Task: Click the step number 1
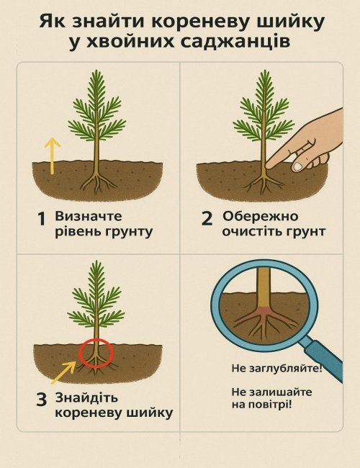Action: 42,219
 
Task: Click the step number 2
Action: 207,218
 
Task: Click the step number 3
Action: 42,400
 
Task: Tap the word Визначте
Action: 89,216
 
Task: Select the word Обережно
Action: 260,216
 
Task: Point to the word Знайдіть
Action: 87,398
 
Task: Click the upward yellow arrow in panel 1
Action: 53,156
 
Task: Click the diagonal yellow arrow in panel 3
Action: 63,373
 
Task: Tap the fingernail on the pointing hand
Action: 297,166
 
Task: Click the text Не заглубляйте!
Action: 276,368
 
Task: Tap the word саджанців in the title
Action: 235,42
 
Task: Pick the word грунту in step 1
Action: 129,232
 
